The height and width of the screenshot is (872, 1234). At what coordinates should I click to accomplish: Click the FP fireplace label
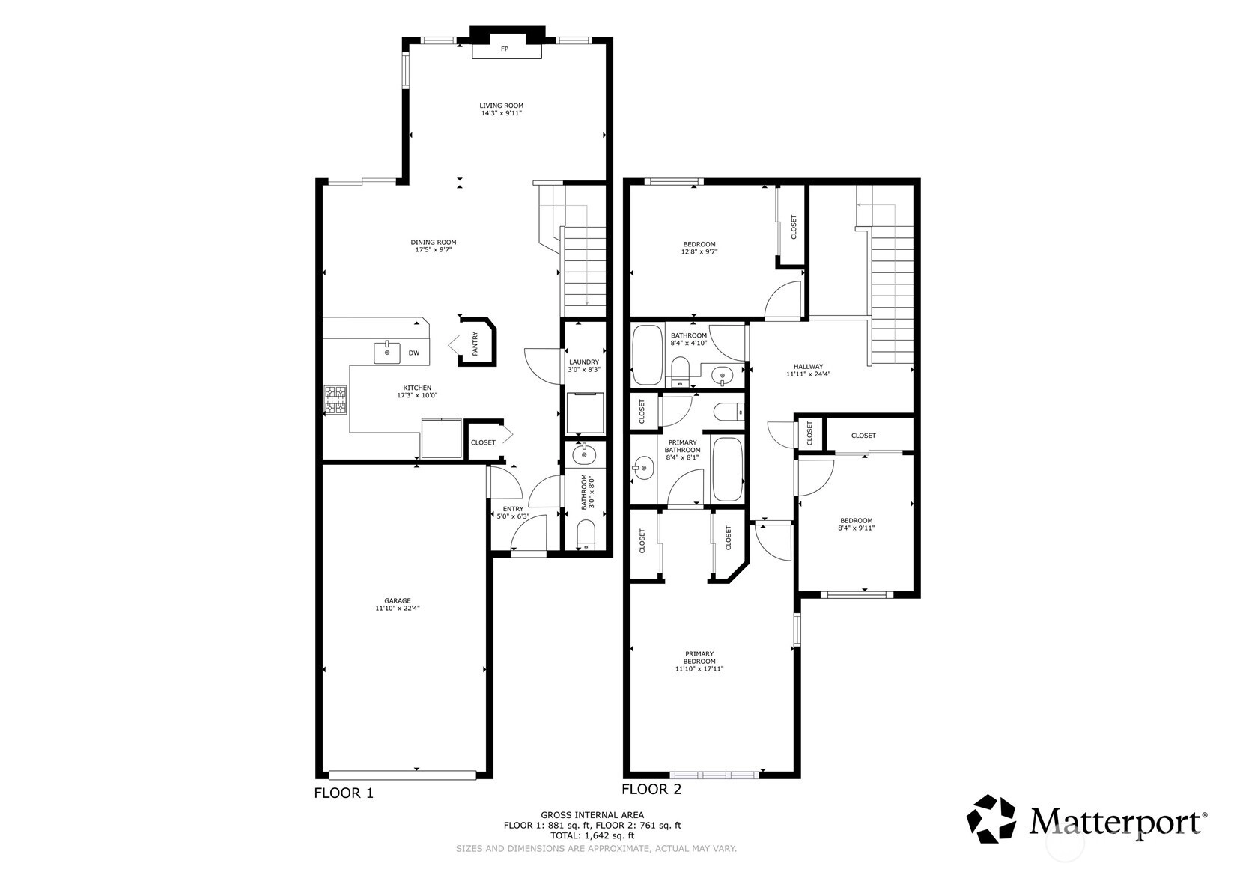(504, 49)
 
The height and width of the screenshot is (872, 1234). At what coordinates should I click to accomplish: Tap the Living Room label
(502, 106)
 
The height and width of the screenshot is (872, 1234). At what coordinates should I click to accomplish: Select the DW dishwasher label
(414, 353)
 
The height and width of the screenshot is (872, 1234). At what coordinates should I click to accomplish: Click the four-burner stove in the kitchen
(335, 400)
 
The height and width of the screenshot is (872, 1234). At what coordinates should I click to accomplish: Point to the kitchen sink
(387, 353)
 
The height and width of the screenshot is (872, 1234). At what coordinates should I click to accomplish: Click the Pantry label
(475, 343)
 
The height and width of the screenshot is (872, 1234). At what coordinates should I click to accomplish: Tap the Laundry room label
(584, 362)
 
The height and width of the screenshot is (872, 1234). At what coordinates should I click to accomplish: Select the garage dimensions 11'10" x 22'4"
(398, 609)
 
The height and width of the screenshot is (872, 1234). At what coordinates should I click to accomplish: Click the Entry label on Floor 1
(513, 509)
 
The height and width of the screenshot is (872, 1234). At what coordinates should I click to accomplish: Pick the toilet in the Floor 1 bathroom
(586, 536)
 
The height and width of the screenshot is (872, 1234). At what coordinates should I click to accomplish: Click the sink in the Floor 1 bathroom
(585, 455)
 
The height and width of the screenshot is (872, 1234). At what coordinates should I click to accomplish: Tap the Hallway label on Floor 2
(808, 366)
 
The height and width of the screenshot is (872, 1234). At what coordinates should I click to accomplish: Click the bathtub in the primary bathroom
(727, 469)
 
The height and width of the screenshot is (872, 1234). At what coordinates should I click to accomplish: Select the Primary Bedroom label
(699, 658)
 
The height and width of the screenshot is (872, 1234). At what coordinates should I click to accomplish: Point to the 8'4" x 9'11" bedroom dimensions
(856, 528)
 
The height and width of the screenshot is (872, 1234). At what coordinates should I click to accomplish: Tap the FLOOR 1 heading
(344, 793)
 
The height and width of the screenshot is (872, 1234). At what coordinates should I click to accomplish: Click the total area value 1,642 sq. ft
(610, 835)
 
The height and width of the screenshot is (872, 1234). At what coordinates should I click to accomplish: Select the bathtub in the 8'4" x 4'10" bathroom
(647, 355)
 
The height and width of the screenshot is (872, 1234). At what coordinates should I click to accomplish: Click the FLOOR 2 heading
(651, 790)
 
